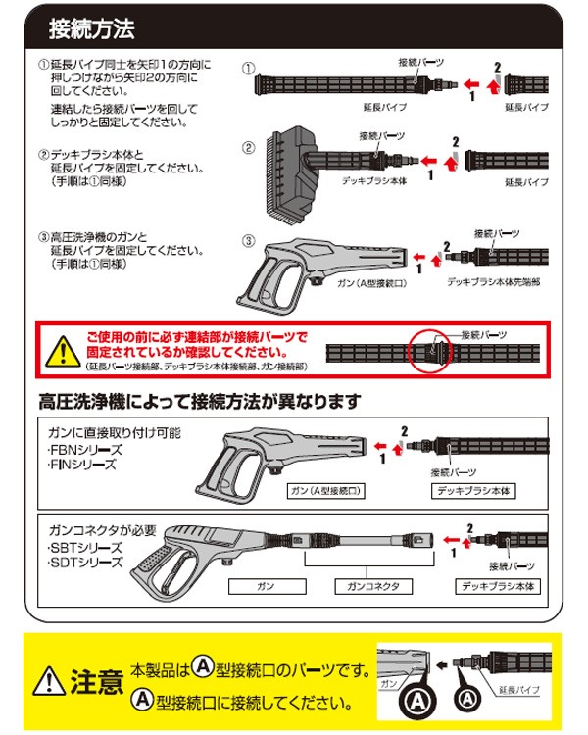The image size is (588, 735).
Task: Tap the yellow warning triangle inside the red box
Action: pyautogui.click(x=62, y=350)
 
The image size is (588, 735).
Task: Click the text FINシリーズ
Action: pyautogui.click(x=84, y=466)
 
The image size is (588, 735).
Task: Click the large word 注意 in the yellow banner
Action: pyautogui.click(x=98, y=679)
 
